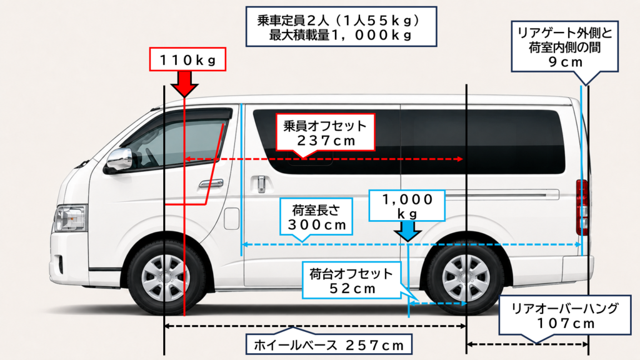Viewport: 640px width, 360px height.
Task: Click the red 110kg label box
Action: tap(187, 59)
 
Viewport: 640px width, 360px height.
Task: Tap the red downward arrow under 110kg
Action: tap(184, 84)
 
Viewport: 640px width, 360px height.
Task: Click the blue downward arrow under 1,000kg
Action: tap(407, 231)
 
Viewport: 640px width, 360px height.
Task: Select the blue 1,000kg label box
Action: tap(406, 206)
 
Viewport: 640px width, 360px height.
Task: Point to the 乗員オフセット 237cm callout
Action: tap(325, 133)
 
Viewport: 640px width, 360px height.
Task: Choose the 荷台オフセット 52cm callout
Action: tap(351, 281)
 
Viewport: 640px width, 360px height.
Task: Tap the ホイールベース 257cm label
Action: tap(329, 344)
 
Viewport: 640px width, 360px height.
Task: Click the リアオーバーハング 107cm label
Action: tap(565, 316)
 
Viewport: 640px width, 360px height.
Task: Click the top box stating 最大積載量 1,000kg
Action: tap(341, 26)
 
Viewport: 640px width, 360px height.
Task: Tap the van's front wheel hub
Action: tap(165, 278)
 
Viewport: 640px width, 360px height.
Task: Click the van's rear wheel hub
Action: tap(466, 278)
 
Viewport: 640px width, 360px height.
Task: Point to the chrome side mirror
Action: tap(119, 159)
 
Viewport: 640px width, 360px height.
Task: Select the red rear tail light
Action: tap(582, 207)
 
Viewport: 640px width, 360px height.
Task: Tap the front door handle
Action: tap(211, 183)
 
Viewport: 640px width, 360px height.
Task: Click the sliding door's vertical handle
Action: tap(261, 184)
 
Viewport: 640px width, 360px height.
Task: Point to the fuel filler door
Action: tap(231, 218)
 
